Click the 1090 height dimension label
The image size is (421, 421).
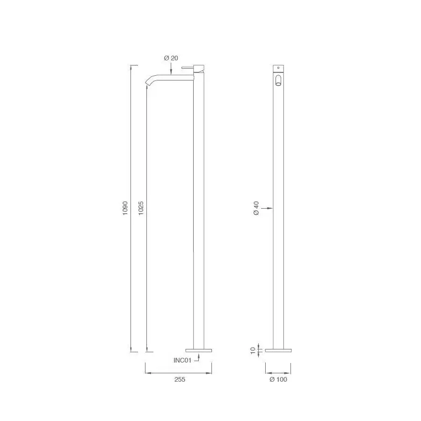[125, 208]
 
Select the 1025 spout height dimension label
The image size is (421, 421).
[141, 208]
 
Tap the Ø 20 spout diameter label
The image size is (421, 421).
[171, 58]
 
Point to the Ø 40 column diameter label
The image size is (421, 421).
[256, 208]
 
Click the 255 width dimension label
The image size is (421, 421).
[180, 379]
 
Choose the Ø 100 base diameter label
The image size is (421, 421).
[278, 379]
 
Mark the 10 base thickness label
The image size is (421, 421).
[253, 350]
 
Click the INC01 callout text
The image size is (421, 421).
[182, 360]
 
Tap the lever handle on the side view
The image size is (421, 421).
[188, 67]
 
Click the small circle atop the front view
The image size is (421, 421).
[278, 68]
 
